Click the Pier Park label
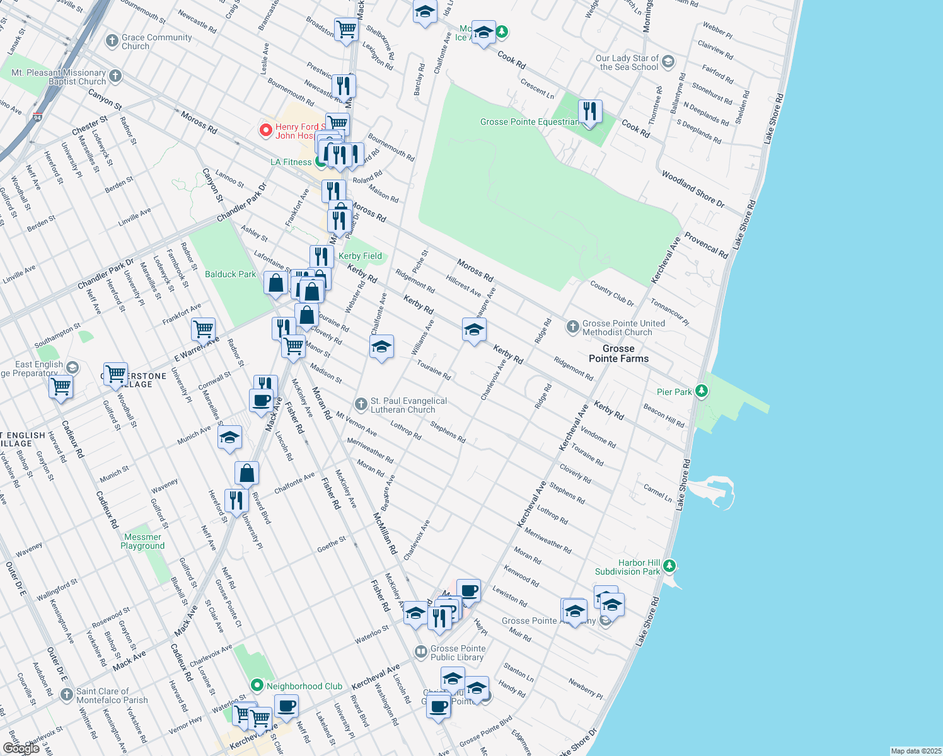point(674,392)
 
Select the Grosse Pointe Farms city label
point(618,353)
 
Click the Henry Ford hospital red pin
point(266,130)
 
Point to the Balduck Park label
point(230,274)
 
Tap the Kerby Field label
point(360,256)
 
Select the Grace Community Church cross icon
point(112,42)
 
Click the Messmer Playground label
point(142,542)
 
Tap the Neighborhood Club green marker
point(257,685)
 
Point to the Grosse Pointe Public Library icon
point(420,652)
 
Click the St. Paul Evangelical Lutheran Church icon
point(361,404)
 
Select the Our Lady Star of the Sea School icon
point(668,62)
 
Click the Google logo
point(21,748)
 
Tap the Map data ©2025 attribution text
point(915,751)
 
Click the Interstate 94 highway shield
point(38,117)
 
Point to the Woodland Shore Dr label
point(693,189)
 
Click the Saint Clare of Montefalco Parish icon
point(67,695)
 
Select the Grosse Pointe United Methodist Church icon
point(572,326)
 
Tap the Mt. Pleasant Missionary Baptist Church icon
point(115,76)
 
